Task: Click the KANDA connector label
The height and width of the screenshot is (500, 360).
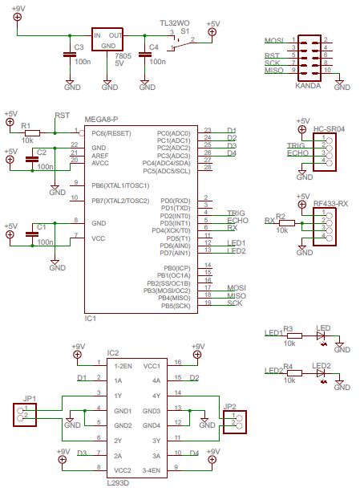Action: pyautogui.click(x=308, y=83)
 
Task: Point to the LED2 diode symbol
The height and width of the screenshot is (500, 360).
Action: pyautogui.click(x=322, y=375)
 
